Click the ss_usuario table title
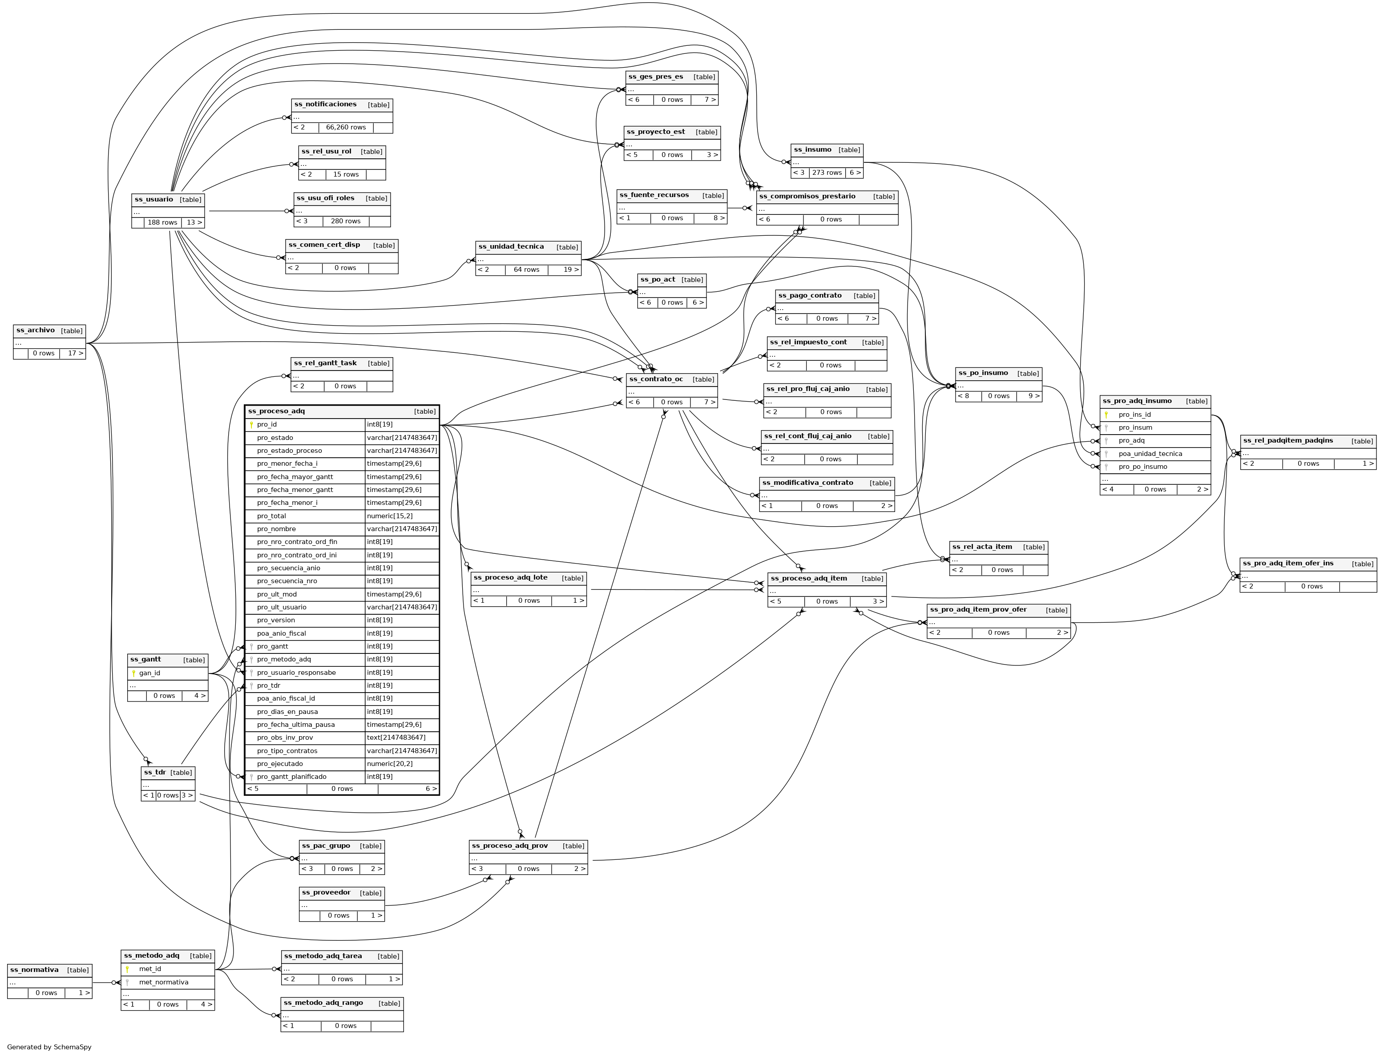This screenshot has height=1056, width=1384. pos(154,200)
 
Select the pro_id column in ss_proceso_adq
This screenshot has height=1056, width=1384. pos(267,425)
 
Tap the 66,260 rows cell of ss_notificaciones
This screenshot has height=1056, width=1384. pos(346,128)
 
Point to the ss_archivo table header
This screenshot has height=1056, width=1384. pos(36,331)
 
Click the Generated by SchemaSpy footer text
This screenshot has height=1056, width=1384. pos(49,1047)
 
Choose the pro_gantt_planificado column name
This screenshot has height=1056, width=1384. pos(292,777)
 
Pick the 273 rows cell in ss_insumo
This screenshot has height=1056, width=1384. pos(827,173)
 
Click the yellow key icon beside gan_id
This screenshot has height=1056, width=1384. pos(133,673)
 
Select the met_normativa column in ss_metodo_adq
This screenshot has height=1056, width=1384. pos(163,983)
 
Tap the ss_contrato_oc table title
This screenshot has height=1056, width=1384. pos(656,380)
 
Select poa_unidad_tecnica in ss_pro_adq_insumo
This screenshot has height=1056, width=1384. pos(1150,454)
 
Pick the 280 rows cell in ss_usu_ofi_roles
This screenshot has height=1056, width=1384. pos(346,221)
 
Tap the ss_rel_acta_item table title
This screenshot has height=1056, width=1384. pos(982,547)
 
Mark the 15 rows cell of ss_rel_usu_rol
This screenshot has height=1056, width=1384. pos(346,175)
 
